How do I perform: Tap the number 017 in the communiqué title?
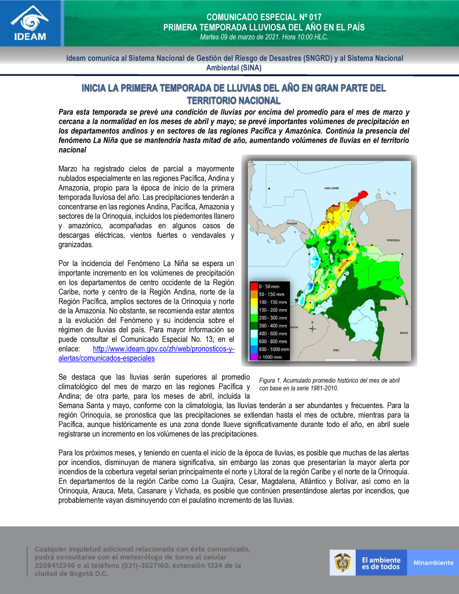click(315, 17)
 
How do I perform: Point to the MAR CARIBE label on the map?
click(331, 188)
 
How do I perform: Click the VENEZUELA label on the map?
click(393, 240)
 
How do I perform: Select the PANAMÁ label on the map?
click(292, 224)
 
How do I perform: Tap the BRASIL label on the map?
click(404, 333)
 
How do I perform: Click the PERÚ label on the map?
click(336, 350)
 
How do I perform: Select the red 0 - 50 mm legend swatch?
click(254, 286)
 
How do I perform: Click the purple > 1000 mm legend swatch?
click(254, 357)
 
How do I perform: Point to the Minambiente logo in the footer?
click(433, 563)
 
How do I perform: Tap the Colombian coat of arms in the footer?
click(342, 562)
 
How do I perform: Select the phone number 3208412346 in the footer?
click(55, 566)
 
